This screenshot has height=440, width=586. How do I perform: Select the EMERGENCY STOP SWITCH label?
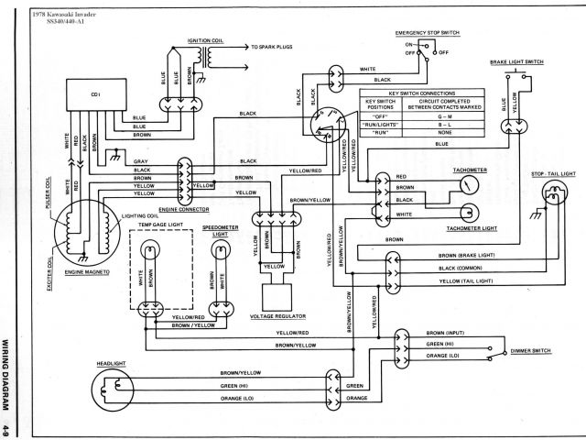(428, 32)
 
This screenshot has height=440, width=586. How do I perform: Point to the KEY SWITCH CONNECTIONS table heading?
(421, 94)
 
